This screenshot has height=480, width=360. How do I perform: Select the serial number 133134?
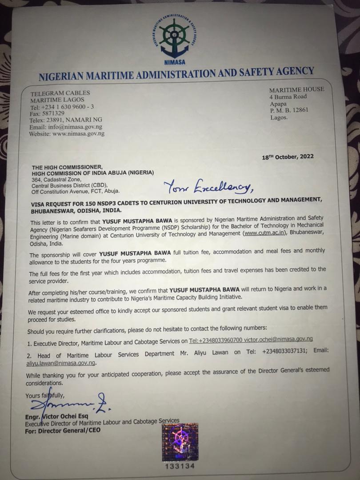coord(180,467)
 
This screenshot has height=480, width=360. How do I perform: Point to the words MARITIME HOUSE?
coord(297,89)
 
